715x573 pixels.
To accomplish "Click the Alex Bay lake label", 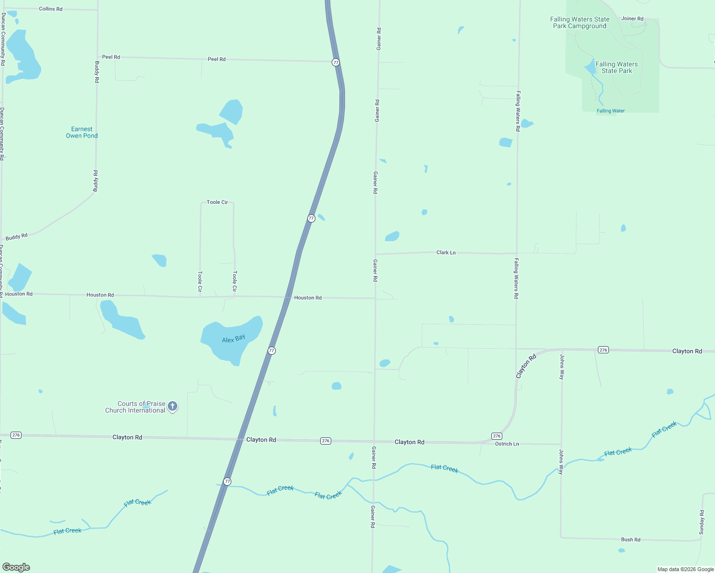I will coord(233,339).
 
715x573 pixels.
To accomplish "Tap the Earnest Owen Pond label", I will coord(82,132).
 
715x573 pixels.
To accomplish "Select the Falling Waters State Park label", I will coord(617,67).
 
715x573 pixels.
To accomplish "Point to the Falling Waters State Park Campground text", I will coord(580,23).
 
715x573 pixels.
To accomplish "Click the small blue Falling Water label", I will coord(610,111).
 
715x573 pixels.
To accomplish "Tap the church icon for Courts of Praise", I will coord(173,406).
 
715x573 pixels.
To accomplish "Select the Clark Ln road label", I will coord(446,252).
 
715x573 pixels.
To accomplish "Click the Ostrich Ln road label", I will coord(507,444).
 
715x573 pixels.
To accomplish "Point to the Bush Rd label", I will coord(630,540).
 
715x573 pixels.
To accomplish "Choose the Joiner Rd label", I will coord(632,19).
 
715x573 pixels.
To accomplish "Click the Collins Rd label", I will coord(51,9).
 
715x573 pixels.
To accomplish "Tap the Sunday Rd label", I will coord(702,522).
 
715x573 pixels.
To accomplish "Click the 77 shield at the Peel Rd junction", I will coord(336,63).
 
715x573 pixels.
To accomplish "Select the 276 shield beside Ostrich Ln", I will coord(497,436).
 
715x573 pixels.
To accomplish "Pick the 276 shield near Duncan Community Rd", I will coord(16,435).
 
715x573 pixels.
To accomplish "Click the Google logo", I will coord(16,567).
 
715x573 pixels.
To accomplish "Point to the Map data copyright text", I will coord(685,569).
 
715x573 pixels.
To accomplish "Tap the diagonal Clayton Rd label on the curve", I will coord(526,366).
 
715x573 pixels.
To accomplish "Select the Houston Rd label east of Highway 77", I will coord(308,297).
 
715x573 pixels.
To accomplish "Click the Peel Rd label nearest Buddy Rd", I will coord(111,57).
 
